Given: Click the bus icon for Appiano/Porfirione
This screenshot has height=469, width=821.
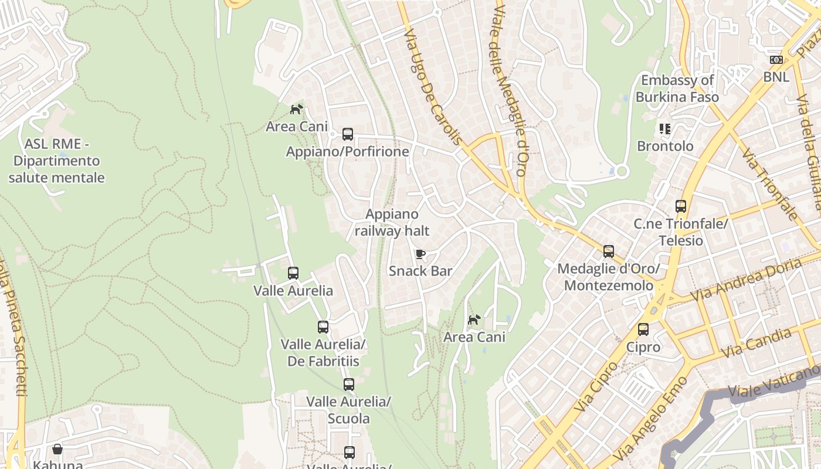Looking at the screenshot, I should point(348,134).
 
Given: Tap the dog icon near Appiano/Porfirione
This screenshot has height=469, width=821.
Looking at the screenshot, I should point(297,109).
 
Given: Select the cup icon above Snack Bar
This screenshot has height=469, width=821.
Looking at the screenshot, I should point(420,254).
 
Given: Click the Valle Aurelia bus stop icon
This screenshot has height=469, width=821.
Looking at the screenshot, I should point(293,273).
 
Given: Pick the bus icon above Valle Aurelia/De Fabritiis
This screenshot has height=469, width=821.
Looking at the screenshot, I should point(323,327).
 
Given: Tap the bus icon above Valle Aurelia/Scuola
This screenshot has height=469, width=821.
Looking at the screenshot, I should point(349,385).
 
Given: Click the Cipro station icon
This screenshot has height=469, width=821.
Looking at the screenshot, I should point(643,329).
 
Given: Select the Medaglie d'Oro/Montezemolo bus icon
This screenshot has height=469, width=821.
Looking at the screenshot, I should point(609,252).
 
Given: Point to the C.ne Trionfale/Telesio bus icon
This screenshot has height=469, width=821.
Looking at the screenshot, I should point(681,206).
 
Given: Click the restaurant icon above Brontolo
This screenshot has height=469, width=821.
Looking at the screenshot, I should point(664,128).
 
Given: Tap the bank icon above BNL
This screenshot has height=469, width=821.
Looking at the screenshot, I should point(776,60).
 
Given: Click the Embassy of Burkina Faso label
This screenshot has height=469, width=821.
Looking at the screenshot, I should point(677,89).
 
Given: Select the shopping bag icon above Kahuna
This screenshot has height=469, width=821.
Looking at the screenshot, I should point(57,450).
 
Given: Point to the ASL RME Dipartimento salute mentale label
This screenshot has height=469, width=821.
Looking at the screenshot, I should point(56,161).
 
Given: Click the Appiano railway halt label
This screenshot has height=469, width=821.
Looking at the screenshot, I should point(392,223).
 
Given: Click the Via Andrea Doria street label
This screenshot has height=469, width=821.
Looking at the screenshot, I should point(746,280).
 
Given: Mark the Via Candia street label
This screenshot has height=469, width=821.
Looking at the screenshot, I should point(756,343).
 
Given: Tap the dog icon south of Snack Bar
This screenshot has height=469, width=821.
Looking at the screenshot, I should point(474,320).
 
